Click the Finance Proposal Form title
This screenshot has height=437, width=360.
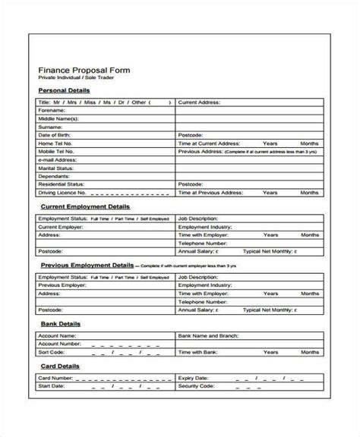click(x=84, y=70)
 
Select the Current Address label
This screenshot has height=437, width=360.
click(x=199, y=100)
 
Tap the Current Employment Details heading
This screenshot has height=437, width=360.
click(x=84, y=206)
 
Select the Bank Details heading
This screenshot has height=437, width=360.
click(x=60, y=323)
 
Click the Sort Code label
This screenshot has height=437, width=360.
click(x=50, y=352)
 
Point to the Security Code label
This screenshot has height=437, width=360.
click(x=197, y=385)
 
